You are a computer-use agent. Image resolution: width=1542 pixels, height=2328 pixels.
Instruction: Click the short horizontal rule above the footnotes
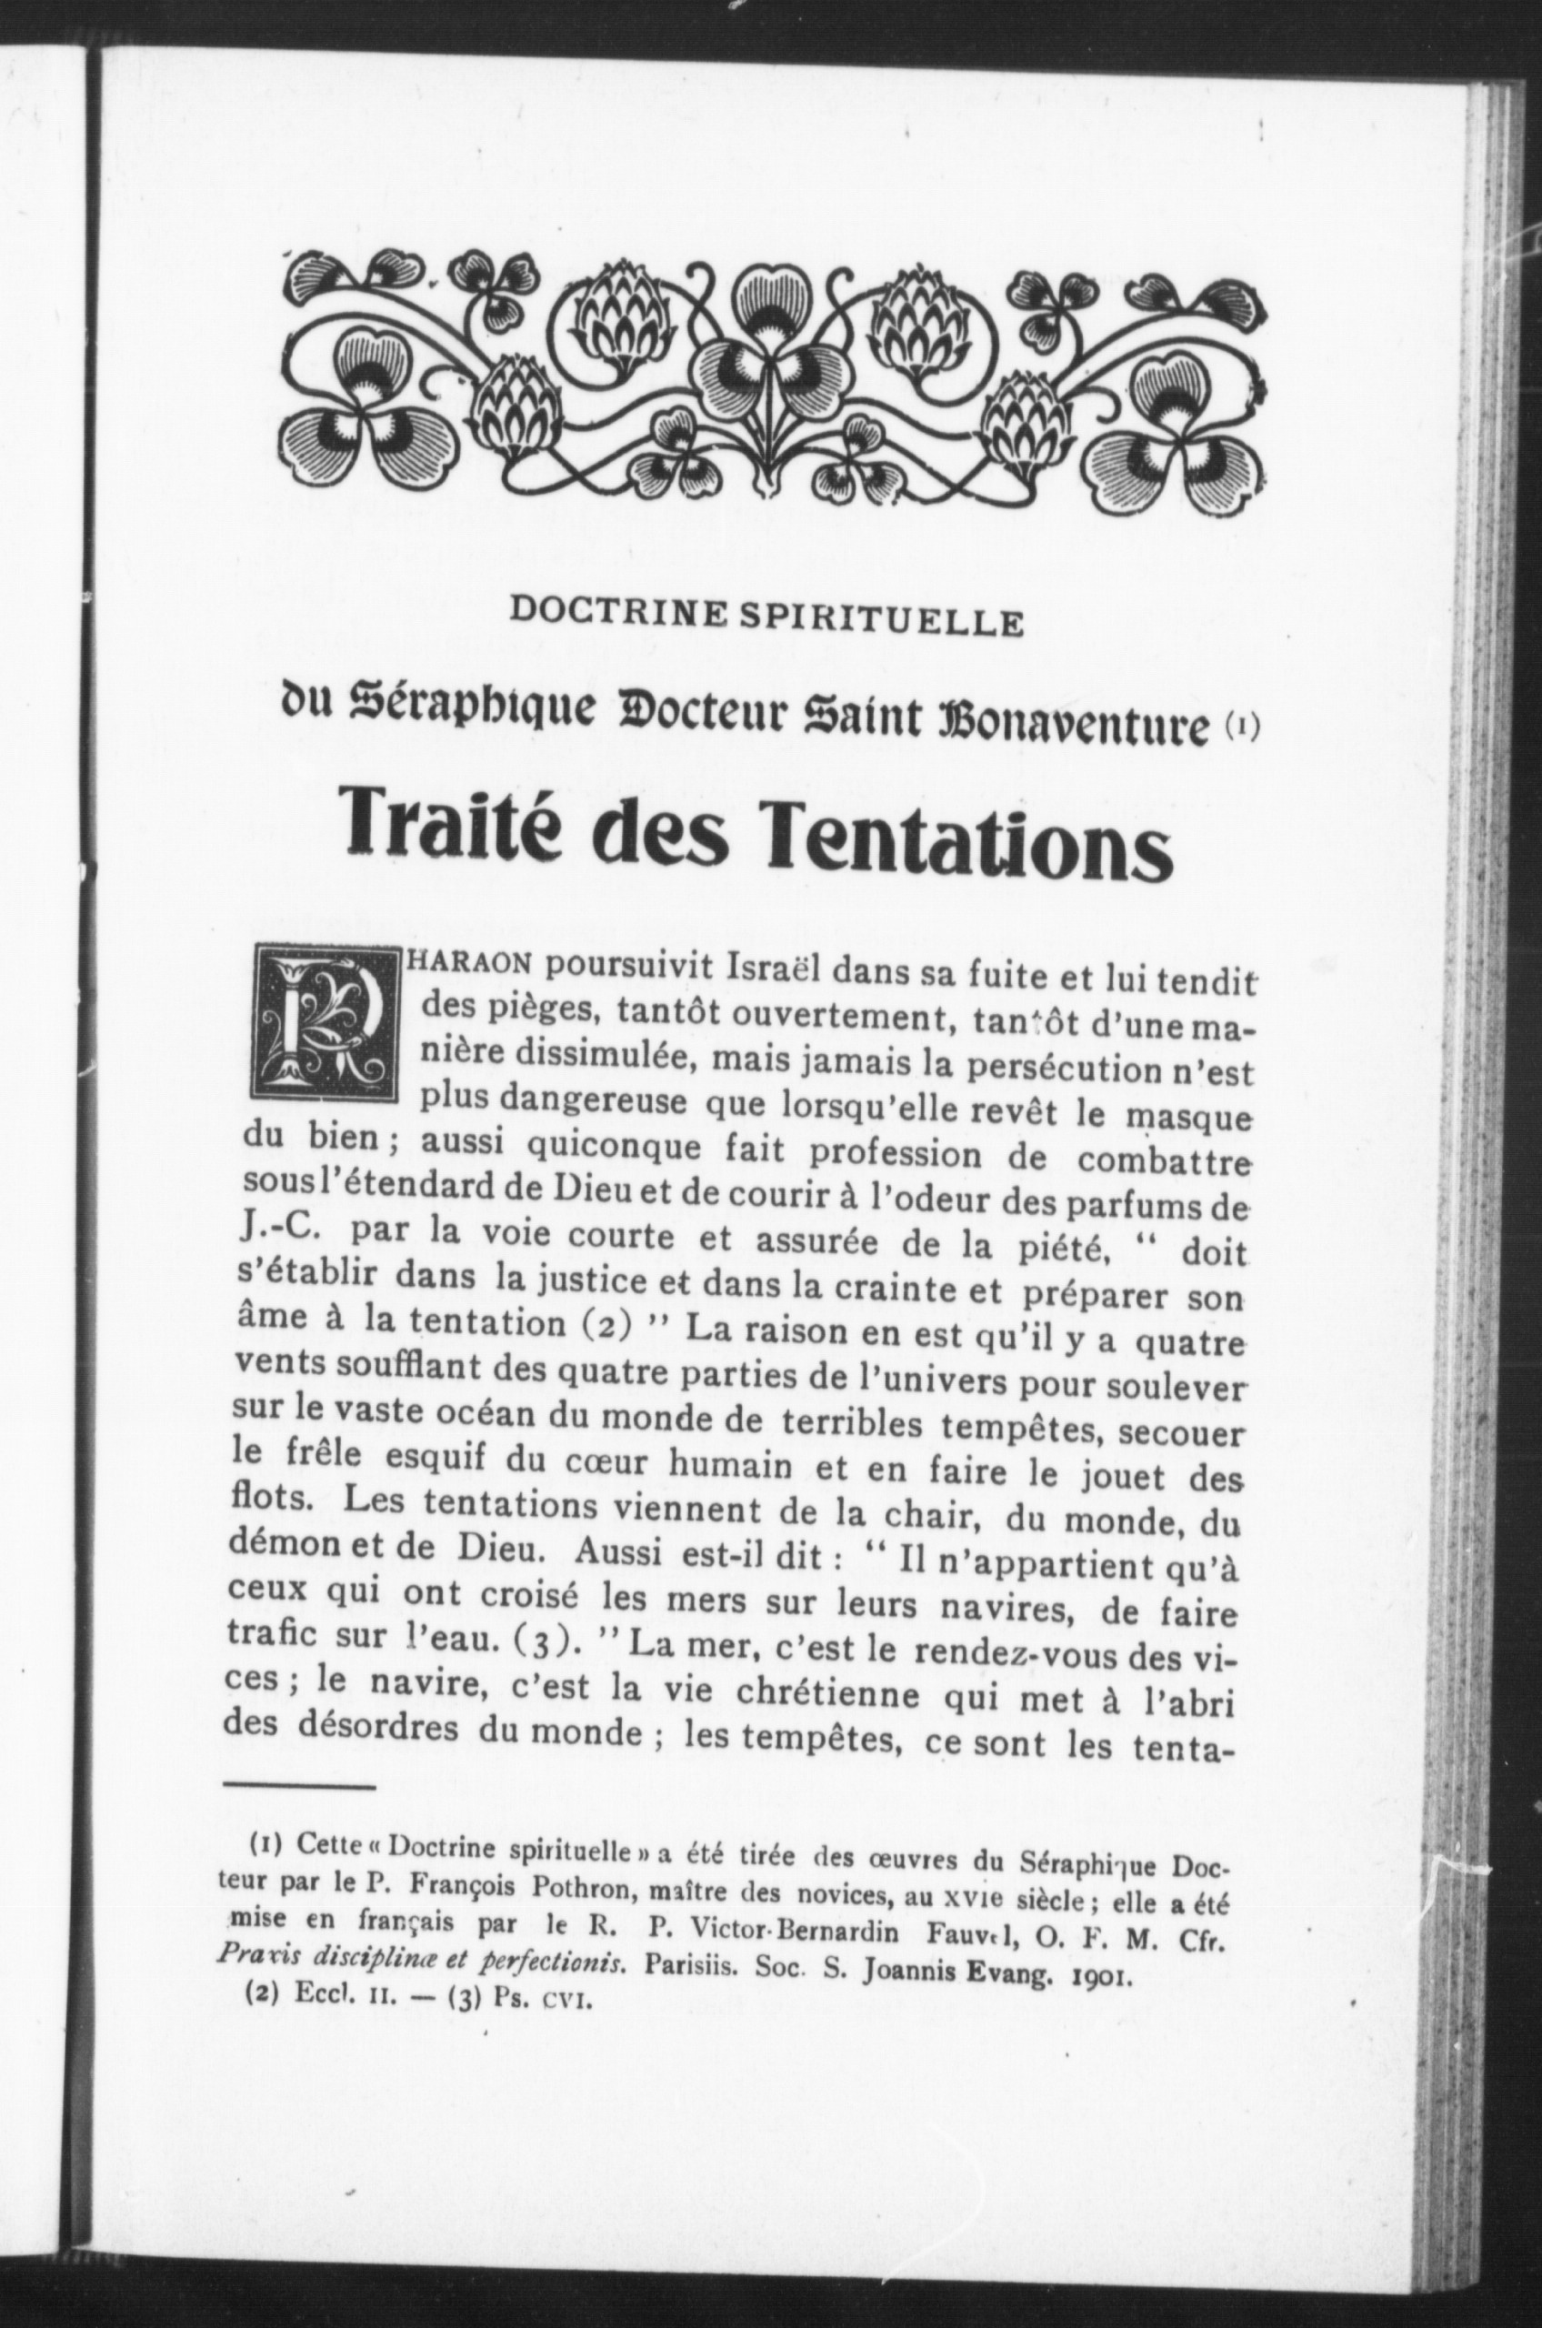300,1807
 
